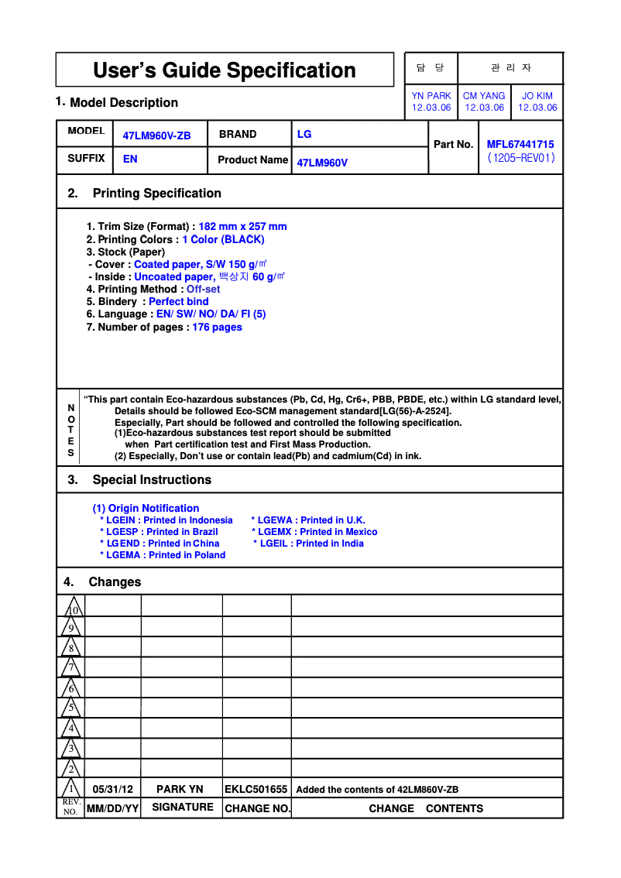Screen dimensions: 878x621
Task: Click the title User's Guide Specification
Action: [225, 70]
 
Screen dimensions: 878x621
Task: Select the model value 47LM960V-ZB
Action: [156, 135]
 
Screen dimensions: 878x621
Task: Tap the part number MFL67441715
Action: [520, 144]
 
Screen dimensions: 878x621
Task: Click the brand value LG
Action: [304, 134]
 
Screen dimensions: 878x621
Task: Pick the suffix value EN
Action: [130, 159]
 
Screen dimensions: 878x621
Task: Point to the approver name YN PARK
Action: [431, 96]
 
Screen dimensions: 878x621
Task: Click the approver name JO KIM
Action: [537, 96]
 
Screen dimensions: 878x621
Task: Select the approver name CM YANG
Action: [484, 96]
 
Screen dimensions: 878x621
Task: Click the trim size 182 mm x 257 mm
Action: [242, 227]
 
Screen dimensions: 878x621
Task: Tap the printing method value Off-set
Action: [203, 289]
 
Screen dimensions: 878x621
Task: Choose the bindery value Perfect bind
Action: [178, 301]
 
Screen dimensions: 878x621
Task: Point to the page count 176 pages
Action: [217, 327]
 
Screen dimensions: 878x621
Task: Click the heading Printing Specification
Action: [156, 194]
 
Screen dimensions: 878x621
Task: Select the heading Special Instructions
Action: [152, 480]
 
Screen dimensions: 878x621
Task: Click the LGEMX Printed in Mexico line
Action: [314, 532]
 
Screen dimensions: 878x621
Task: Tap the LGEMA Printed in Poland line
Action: [163, 555]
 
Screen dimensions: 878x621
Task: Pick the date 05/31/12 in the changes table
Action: [113, 789]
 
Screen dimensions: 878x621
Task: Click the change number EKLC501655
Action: [256, 789]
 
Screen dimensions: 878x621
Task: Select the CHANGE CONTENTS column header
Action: [426, 808]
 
